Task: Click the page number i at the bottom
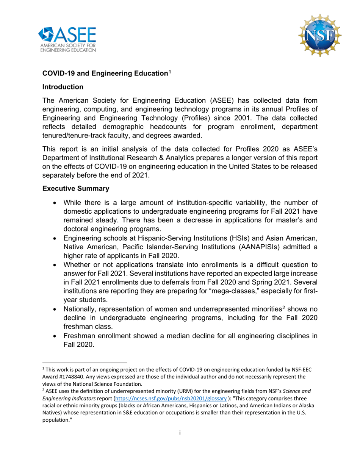(180, 432)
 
